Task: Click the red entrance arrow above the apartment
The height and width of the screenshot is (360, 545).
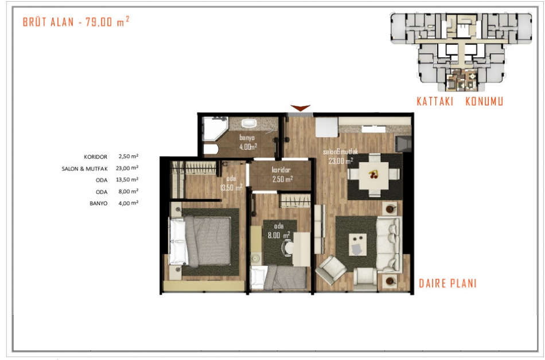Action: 300,108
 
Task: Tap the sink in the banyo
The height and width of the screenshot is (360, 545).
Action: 248,123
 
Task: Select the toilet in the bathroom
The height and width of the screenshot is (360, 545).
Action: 211,149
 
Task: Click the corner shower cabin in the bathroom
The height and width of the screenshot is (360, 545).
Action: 215,128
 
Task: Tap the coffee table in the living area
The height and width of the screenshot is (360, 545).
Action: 357,244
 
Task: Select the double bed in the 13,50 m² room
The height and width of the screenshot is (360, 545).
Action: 200,241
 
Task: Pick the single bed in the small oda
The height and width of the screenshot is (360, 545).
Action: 278,277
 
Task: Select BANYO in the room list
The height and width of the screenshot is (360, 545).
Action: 98,204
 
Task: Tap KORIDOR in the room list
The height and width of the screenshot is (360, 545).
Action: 96,157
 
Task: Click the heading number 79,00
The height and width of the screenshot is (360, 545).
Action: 99,22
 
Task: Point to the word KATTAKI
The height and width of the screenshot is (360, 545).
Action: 435,101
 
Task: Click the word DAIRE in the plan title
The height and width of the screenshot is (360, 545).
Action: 432,283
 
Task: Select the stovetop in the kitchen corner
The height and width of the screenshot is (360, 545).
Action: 403,144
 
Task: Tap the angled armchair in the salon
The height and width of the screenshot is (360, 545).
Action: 331,269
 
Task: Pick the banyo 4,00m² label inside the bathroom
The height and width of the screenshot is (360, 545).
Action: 248,142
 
